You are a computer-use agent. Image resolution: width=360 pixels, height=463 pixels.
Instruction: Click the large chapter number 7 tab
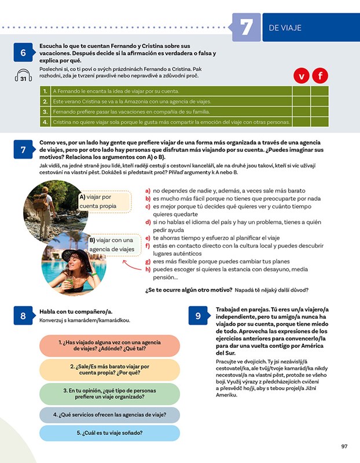(x=246, y=27)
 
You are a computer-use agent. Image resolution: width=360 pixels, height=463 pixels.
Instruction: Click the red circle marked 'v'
(x=301, y=76)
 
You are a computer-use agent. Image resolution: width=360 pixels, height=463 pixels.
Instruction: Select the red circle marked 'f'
(x=320, y=76)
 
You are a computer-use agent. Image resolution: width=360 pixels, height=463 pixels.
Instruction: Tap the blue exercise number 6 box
(x=23, y=53)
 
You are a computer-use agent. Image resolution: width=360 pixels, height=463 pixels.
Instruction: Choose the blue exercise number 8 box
(x=23, y=315)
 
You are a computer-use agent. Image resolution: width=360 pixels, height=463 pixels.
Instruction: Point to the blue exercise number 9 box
(x=198, y=315)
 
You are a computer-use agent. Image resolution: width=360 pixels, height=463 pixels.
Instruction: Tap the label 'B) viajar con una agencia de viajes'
(x=114, y=245)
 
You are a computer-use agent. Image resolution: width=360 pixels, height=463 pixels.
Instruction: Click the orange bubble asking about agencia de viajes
(x=109, y=346)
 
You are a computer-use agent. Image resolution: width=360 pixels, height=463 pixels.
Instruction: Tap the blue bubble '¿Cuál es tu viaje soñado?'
(x=109, y=432)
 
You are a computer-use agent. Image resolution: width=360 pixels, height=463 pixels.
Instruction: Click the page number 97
(x=344, y=446)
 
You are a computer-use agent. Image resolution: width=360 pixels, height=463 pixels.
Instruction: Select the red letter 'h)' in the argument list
(x=148, y=269)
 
